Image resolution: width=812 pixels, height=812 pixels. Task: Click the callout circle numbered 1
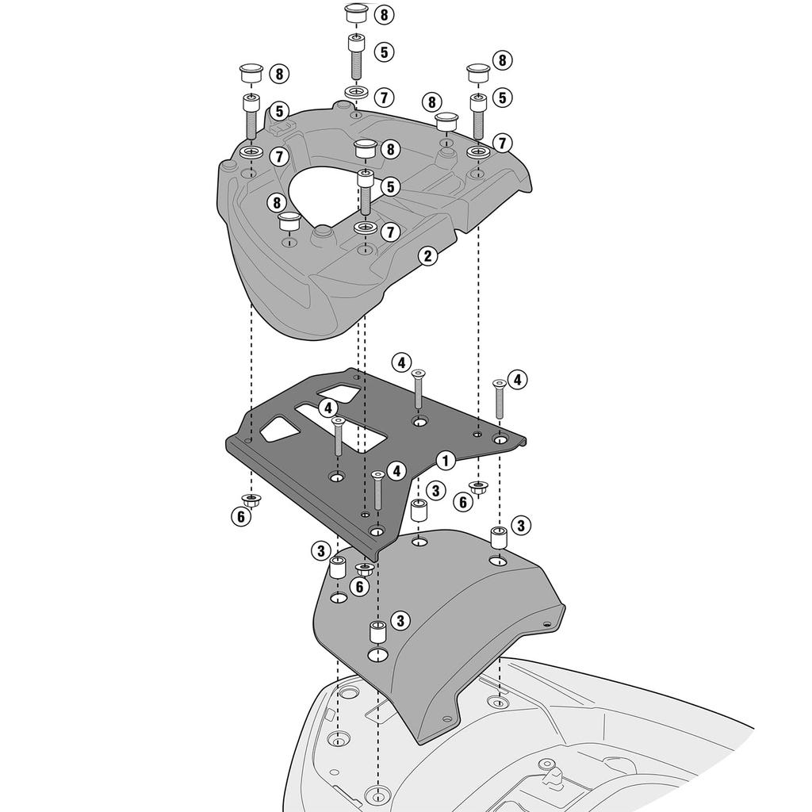(x=446, y=460)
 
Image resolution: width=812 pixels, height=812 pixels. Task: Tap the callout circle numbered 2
(x=427, y=256)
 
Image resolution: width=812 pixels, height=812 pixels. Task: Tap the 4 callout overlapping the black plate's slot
(x=328, y=408)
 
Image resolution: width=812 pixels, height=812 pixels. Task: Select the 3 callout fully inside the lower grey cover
(x=400, y=620)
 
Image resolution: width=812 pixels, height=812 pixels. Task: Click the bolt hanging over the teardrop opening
(x=366, y=192)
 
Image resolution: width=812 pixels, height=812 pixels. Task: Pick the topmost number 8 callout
(x=384, y=14)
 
